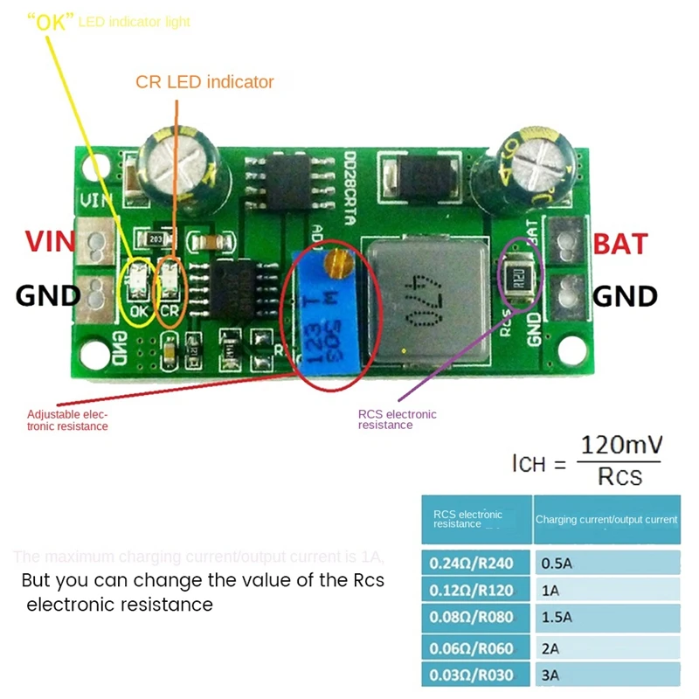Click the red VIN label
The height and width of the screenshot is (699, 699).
tap(49, 241)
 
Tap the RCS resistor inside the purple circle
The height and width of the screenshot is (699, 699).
tap(519, 278)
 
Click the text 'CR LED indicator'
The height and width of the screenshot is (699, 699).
tap(204, 82)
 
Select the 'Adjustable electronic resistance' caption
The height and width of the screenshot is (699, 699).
tap(68, 419)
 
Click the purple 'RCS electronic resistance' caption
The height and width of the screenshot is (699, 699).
tap(398, 419)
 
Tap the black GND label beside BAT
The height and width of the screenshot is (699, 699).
tap(626, 296)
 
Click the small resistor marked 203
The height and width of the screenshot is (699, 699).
tap(157, 238)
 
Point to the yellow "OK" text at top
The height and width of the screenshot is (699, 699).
tap(52, 20)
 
